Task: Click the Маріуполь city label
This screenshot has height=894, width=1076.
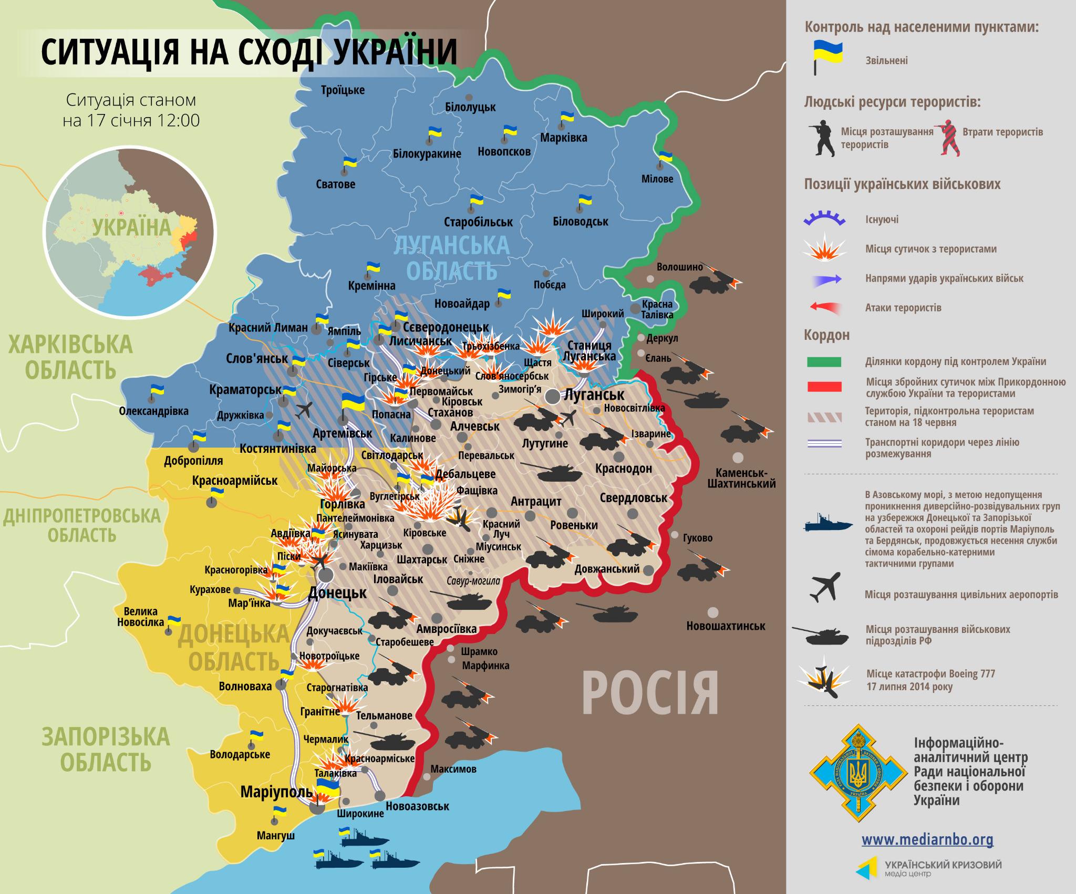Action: (x=276, y=792)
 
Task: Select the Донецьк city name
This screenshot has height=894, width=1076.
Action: (x=337, y=592)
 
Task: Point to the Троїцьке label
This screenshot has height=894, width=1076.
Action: (x=343, y=90)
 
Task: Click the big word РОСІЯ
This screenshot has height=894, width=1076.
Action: (x=650, y=692)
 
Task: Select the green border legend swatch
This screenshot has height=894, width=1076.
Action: (x=824, y=362)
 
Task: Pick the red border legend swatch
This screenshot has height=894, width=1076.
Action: (x=824, y=387)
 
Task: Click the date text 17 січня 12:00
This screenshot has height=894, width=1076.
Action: (x=131, y=120)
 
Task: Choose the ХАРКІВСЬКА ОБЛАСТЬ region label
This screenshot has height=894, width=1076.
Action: (x=70, y=357)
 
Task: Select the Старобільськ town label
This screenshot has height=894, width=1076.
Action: (x=478, y=222)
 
